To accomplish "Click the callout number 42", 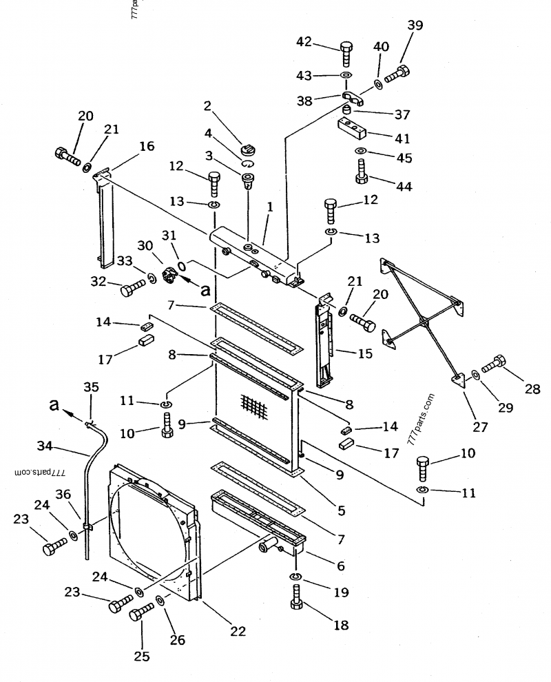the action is pyautogui.click(x=304, y=41).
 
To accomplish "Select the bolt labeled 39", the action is pyautogui.click(x=397, y=74).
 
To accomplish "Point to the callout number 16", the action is pyautogui.click(x=147, y=146).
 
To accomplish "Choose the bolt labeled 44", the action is pyautogui.click(x=360, y=172).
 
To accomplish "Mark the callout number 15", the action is pyautogui.click(x=365, y=353).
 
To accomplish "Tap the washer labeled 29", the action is pyautogui.click(x=475, y=373).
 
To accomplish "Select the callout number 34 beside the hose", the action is pyautogui.click(x=44, y=446).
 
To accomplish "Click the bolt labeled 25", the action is pyautogui.click(x=141, y=612).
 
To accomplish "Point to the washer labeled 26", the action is pyautogui.click(x=160, y=601).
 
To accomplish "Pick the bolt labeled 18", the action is pyautogui.click(x=295, y=599).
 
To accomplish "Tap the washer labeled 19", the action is pyautogui.click(x=295, y=577).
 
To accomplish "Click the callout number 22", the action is pyautogui.click(x=238, y=630).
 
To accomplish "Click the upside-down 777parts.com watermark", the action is pyautogui.click(x=39, y=472).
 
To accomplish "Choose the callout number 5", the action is pyautogui.click(x=342, y=510).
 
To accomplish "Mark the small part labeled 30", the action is pyautogui.click(x=169, y=276).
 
